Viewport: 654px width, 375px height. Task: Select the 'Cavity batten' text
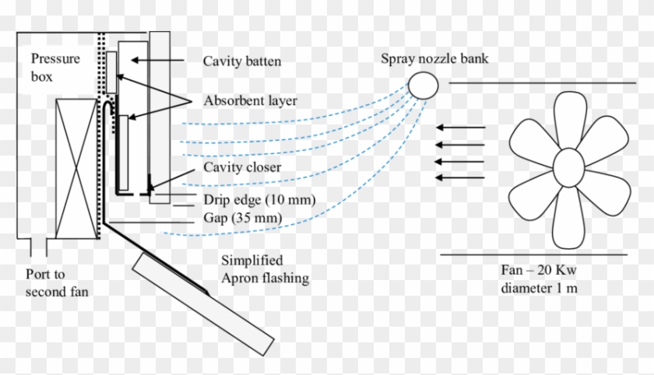242,61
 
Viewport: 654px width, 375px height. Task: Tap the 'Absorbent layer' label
250,101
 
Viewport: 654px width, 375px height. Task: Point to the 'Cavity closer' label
241,166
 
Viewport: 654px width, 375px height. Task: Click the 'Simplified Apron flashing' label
265,268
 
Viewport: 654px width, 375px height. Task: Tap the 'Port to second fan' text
54,284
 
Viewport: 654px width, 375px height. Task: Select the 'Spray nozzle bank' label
434,59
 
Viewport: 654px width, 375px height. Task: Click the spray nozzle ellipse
424,85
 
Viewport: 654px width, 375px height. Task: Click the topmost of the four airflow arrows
461,127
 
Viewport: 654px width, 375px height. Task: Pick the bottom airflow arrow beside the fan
461,178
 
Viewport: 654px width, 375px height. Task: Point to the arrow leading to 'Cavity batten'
156,60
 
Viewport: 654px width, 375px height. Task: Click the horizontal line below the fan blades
533,254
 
